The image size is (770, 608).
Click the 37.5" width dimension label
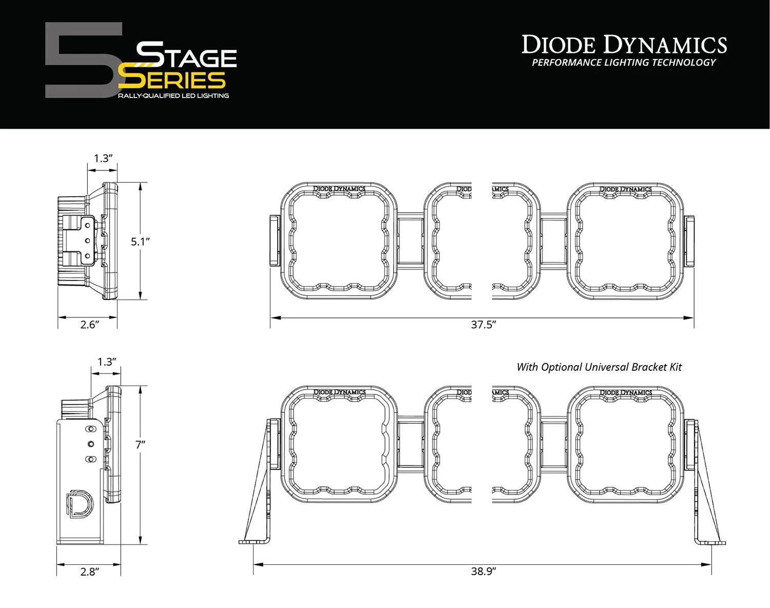483,325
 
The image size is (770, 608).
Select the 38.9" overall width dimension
483,571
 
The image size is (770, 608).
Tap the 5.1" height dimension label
140,241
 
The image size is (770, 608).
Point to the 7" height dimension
141,445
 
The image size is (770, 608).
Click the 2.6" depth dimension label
89,325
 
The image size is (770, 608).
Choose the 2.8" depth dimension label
89,571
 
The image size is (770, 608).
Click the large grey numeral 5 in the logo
82,61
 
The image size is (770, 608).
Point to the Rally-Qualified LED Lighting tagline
174,96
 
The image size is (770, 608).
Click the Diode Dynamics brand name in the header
624,45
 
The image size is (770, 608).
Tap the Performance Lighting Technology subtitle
624,63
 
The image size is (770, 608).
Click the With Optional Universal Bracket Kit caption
599,367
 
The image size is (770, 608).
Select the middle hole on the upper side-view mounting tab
87,240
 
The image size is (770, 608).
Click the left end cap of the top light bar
274,240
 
